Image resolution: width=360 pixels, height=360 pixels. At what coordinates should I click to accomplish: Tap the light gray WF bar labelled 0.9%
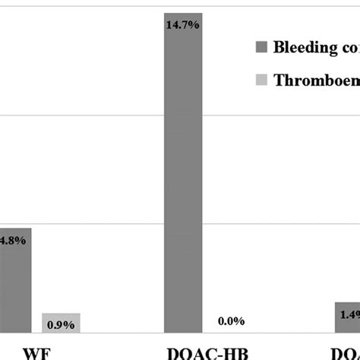pyautogui.click(x=61, y=323)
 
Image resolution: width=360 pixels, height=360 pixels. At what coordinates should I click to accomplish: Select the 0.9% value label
pyautogui.click(x=61, y=325)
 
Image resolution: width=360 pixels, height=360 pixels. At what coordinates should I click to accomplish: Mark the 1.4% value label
pyautogui.click(x=350, y=314)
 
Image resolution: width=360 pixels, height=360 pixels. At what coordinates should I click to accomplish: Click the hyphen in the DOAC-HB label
pyautogui.click(x=219, y=353)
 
